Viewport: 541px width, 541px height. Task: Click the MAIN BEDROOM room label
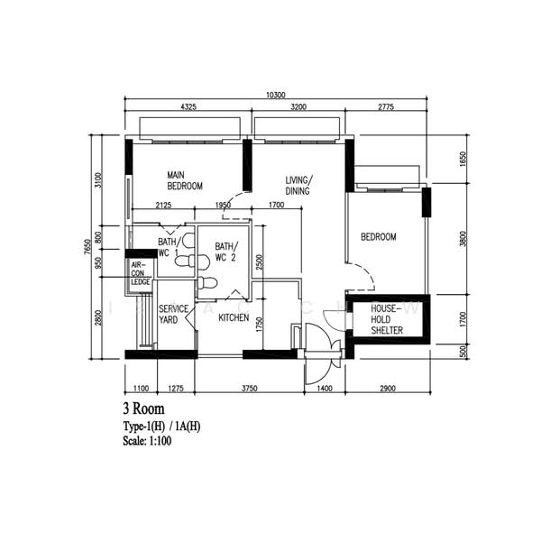(x=185, y=180)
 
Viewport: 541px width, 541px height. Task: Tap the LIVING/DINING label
(x=298, y=185)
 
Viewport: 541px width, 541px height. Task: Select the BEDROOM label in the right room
(x=378, y=237)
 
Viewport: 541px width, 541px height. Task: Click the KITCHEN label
(x=234, y=317)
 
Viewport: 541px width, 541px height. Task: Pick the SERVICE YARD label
(x=173, y=315)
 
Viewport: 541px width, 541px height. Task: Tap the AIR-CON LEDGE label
(x=140, y=273)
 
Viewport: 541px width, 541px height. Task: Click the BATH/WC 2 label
(x=225, y=252)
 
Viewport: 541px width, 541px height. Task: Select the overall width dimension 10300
(x=275, y=96)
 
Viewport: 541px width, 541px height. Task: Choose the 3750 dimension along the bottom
(x=249, y=388)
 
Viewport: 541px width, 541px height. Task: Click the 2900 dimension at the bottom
(x=386, y=388)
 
